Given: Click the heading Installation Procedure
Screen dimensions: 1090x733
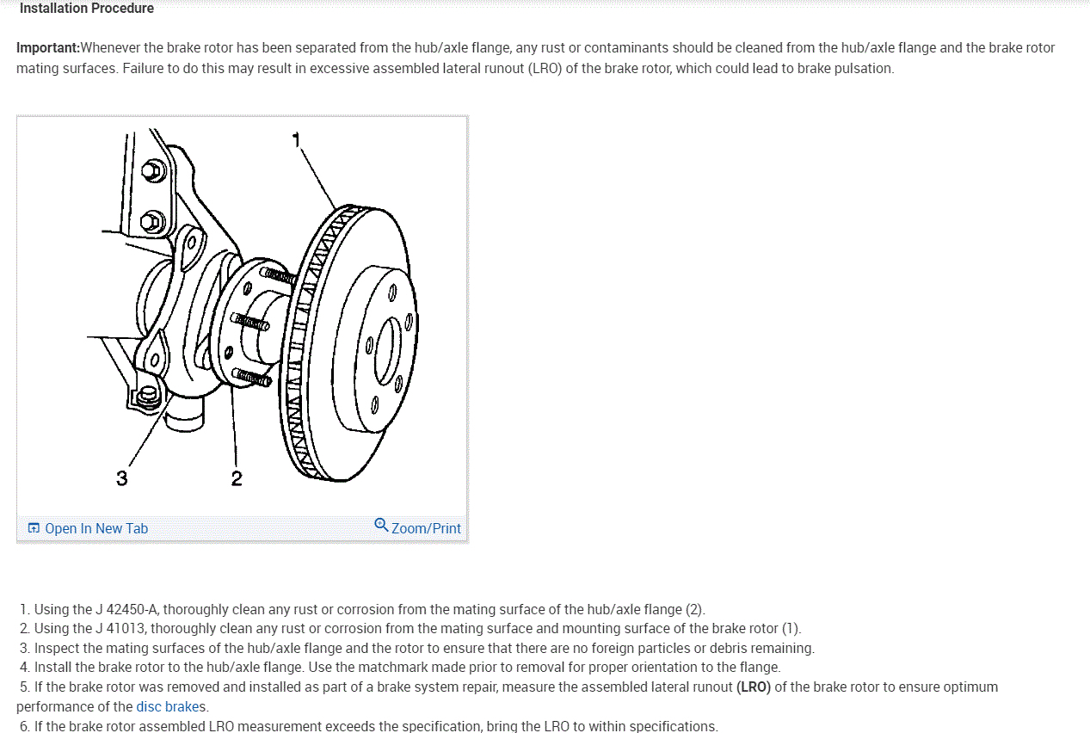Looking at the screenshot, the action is click(x=87, y=9).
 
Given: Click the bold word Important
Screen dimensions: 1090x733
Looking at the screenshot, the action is click(x=47, y=47).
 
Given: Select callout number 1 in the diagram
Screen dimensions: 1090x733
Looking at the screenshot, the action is click(x=296, y=140).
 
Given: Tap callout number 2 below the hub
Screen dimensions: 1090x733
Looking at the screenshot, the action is click(x=237, y=478).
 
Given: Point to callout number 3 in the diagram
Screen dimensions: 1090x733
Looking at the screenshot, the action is click(x=121, y=478).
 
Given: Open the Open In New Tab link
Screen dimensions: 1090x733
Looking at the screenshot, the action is click(x=96, y=528).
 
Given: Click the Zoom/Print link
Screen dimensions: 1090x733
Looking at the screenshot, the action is click(x=426, y=528).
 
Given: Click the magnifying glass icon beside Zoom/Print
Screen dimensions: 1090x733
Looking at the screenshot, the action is click(x=381, y=525).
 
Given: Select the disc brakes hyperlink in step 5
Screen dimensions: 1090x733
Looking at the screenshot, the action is click(x=168, y=706).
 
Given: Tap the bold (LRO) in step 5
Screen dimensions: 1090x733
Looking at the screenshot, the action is click(x=754, y=687).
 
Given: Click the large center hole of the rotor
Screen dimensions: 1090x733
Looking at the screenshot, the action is click(x=388, y=351).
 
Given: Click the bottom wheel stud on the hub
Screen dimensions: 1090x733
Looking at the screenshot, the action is click(x=252, y=377).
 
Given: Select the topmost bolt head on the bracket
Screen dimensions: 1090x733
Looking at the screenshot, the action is click(x=153, y=171).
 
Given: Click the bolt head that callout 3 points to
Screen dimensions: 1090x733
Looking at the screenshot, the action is click(x=147, y=397).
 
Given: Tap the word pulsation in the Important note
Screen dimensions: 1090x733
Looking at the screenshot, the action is click(x=864, y=68).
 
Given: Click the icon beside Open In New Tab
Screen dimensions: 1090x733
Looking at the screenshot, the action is click(x=34, y=528).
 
